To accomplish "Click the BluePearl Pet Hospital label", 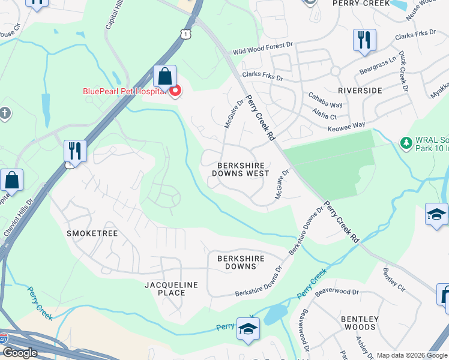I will click(124, 91).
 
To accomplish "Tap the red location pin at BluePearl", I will click(175, 92).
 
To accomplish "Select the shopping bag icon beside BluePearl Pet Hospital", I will click(164, 77).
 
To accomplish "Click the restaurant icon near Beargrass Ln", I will click(364, 41).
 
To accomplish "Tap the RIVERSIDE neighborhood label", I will click(360, 91).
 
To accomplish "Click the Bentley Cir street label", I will click(394, 280).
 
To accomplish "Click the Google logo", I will click(20, 353).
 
